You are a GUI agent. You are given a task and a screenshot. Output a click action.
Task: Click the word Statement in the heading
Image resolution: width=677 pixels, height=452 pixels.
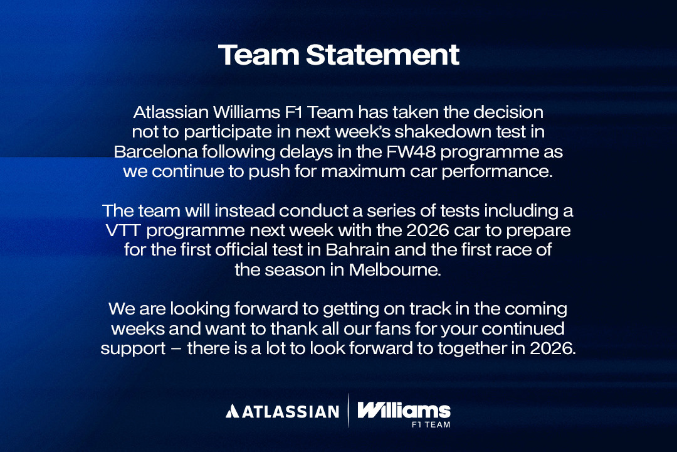pyautogui.click(x=382, y=55)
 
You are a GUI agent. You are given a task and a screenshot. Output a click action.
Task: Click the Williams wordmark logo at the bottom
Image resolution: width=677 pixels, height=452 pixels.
pyautogui.click(x=404, y=410)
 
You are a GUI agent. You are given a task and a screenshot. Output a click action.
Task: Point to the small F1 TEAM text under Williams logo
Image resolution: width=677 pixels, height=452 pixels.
pyautogui.click(x=431, y=424)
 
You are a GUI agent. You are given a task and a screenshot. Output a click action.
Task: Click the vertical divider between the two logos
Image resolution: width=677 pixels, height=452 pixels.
pyautogui.click(x=348, y=411)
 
